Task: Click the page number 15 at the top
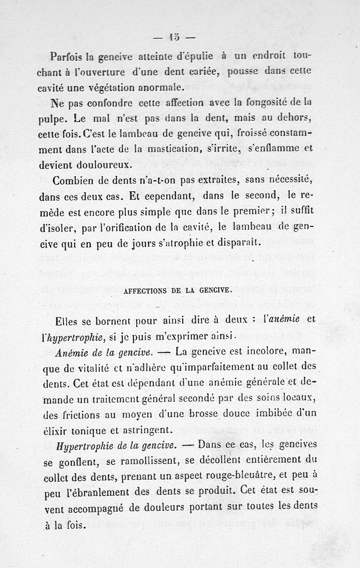[174, 37]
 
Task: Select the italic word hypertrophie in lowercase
[83, 336]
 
